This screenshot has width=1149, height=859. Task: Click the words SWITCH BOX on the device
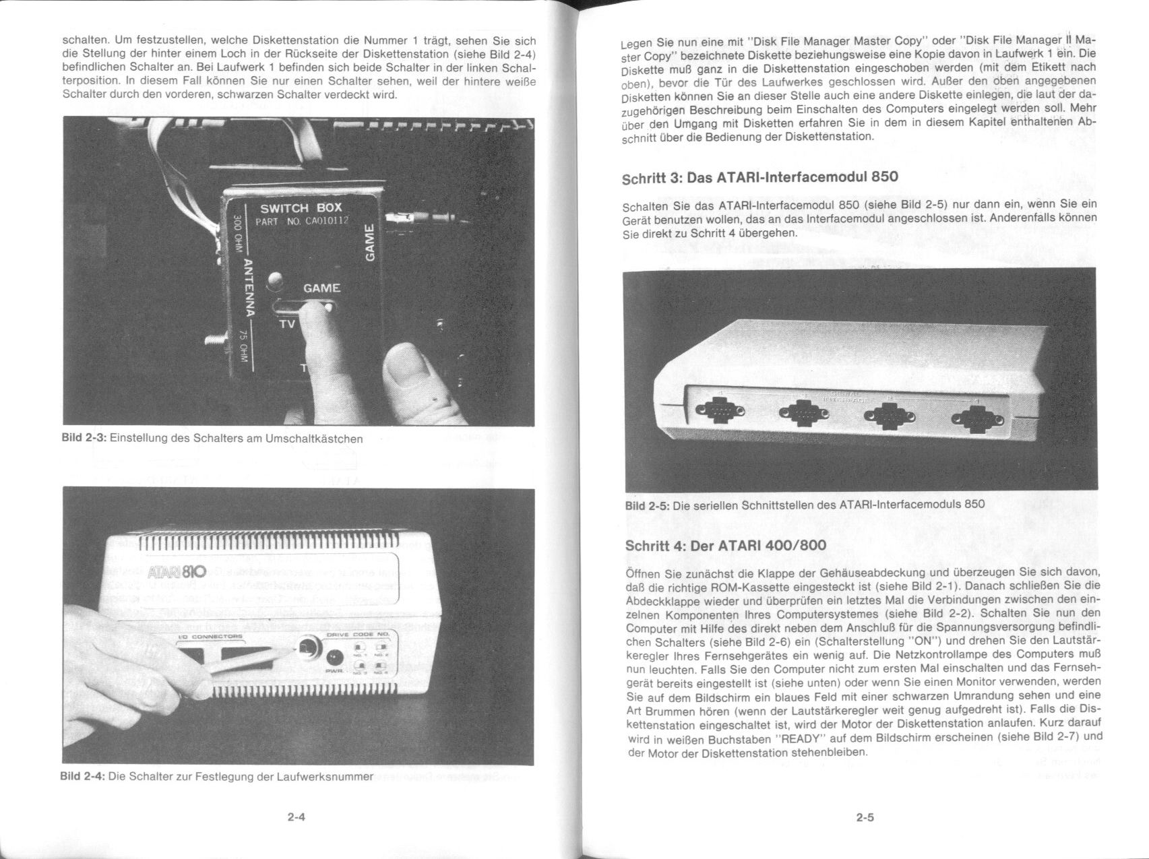(x=301, y=208)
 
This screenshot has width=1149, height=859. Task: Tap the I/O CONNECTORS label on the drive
(x=209, y=636)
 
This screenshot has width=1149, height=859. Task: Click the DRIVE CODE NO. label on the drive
(x=358, y=635)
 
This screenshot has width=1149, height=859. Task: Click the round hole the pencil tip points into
(x=307, y=647)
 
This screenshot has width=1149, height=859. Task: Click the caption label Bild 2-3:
(x=84, y=438)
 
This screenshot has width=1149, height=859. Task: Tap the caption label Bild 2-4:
(x=82, y=775)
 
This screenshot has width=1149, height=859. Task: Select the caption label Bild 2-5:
(x=647, y=505)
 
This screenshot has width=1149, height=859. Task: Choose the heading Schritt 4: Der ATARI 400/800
(x=725, y=545)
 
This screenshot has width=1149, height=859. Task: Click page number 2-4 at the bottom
(x=297, y=817)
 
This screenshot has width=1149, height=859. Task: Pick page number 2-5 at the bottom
(x=865, y=818)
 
